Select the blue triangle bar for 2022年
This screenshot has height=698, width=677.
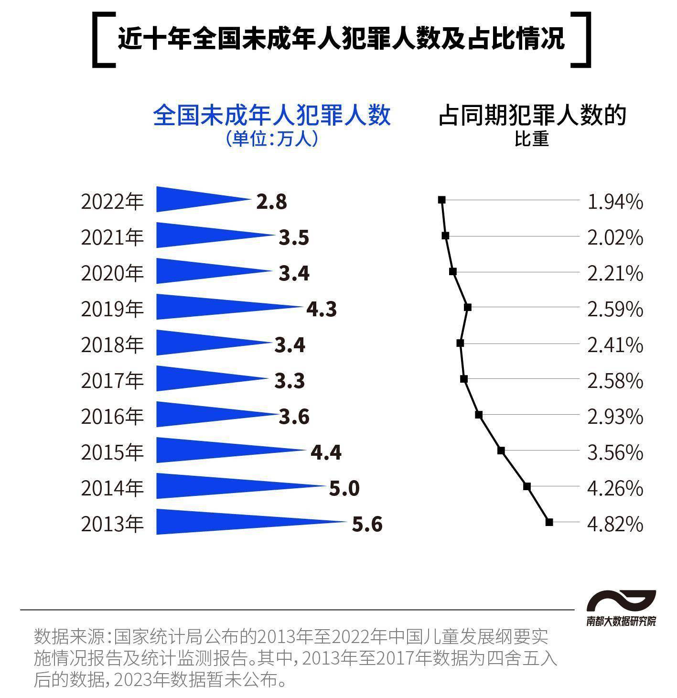[191, 199]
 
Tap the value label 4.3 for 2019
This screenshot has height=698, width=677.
[322, 309]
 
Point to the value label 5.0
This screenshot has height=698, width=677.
[344, 488]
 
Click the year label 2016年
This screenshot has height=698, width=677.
[112, 417]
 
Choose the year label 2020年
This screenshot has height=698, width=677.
[112, 273]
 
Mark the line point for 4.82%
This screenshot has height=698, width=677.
[549, 522]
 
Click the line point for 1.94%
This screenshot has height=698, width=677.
[442, 199]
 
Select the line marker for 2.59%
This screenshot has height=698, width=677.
[468, 307]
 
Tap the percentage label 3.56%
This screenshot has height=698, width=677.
[615, 452]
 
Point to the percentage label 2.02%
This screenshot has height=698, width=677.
[615, 237]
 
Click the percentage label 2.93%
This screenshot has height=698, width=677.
[615, 417]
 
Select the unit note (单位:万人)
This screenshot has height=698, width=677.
[272, 139]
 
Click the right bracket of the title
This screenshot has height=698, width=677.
[582, 39]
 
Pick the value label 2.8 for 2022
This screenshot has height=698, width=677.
[271, 202]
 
